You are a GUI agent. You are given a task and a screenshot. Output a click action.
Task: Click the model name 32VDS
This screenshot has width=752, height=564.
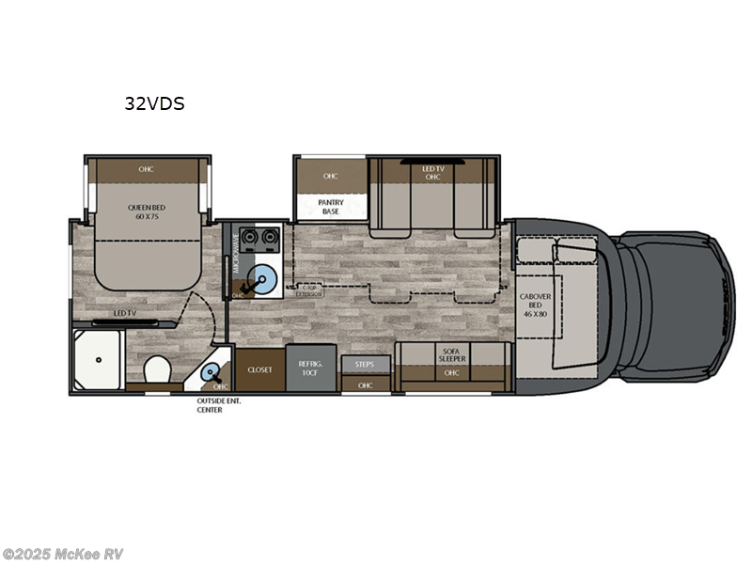(x=154, y=104)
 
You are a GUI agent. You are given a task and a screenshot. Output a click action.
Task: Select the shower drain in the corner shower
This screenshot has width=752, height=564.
(x=100, y=359)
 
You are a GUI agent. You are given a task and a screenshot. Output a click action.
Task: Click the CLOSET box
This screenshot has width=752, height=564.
(x=259, y=370)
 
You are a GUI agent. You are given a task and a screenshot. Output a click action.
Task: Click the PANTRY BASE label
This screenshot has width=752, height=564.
(x=331, y=206)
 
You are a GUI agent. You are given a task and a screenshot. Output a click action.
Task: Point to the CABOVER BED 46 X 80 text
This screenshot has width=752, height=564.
(x=536, y=306)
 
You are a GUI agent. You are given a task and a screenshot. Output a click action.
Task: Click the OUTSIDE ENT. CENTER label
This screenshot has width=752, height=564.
(x=210, y=405)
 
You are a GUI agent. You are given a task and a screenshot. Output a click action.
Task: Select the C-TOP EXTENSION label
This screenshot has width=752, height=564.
(x=308, y=291)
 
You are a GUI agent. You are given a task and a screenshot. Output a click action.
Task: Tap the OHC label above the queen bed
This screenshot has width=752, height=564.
(x=146, y=169)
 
